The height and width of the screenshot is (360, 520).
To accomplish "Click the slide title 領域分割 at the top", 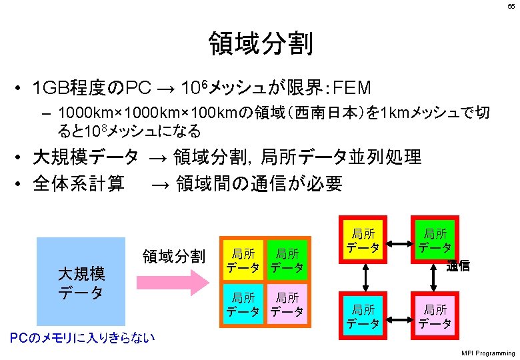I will pos(260,44).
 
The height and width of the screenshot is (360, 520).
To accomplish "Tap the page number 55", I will pos(510,6).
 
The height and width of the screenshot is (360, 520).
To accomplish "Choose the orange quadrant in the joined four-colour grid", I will pos(243,261).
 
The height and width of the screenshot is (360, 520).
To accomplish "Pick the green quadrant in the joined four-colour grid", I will pos(287,261).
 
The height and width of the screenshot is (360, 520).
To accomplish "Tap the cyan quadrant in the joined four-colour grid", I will pos(243,303).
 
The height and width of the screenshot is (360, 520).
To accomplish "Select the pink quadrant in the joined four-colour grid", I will pos(287,303).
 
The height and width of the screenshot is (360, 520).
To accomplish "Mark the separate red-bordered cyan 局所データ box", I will pos(364,315).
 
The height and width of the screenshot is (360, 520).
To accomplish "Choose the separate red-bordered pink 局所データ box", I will pos(435,315).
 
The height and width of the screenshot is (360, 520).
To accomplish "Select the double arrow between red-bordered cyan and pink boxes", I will pos(400,315).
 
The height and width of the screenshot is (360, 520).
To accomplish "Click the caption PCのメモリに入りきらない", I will pos(82,338).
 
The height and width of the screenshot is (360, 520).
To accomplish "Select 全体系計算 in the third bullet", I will pos(79,183).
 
